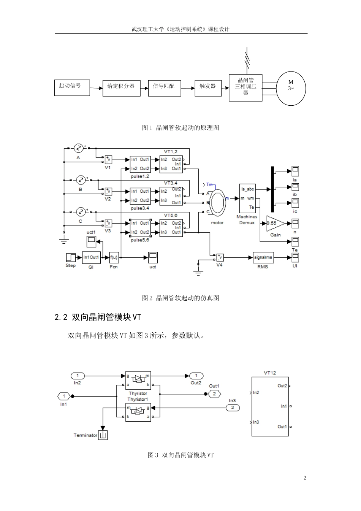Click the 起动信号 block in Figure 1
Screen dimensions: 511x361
[x=72, y=88]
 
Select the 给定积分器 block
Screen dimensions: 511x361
[x=121, y=88]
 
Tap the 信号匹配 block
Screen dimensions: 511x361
[x=164, y=88]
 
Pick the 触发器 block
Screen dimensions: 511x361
[x=208, y=88]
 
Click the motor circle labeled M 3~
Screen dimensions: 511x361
[x=291, y=88]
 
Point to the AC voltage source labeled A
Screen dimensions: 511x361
[x=79, y=148]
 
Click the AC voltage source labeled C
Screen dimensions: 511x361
[x=80, y=212]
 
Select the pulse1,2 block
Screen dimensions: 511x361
[x=140, y=164]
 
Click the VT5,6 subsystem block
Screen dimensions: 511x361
[x=171, y=228]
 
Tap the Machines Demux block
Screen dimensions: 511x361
[x=247, y=198]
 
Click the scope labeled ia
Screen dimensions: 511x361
[x=295, y=171]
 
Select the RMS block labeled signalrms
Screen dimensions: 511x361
[x=263, y=257]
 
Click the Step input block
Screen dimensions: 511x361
[x=71, y=257]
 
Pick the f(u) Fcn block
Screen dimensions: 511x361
[x=114, y=257]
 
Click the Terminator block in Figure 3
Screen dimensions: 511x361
[x=103, y=435]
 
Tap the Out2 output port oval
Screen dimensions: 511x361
[x=196, y=376]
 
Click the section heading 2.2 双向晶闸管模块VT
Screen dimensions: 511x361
[x=98, y=317]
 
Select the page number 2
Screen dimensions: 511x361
[x=305, y=478]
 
